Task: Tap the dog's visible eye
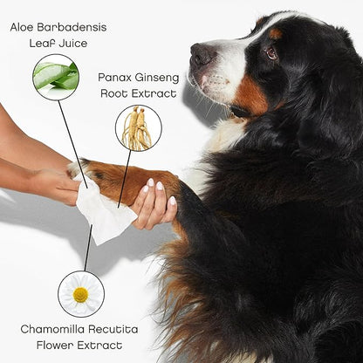[272, 53]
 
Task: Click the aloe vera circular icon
[56, 77]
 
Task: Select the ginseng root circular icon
[139, 128]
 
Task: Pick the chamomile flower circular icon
[81, 294]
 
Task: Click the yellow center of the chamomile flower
[80, 295]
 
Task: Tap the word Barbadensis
[72, 27]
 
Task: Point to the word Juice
[72, 44]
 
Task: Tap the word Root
[114, 93]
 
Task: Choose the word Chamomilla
[52, 330]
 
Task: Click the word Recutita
[113, 330]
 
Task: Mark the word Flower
[55, 346]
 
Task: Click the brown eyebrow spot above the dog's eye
[276, 34]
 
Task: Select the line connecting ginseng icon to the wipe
[125, 179]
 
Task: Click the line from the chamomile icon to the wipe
[88, 248]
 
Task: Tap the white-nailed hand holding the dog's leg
[154, 203]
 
